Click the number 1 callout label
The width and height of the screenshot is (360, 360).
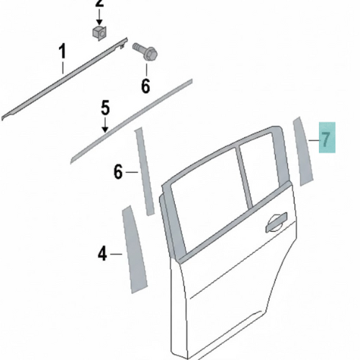(x=63, y=51)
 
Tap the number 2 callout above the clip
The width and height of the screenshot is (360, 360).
(x=99, y=4)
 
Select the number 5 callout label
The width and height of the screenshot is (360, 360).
(x=105, y=108)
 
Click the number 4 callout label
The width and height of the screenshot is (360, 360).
(x=102, y=254)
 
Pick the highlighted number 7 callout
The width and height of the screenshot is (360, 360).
(x=327, y=138)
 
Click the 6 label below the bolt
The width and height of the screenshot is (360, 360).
(x=145, y=86)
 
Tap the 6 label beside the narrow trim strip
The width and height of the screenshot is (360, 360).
(x=118, y=172)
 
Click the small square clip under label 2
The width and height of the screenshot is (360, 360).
(x=99, y=32)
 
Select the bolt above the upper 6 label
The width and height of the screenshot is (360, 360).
(x=145, y=52)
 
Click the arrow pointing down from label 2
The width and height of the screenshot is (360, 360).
(x=99, y=16)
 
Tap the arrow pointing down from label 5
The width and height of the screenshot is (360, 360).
(x=105, y=124)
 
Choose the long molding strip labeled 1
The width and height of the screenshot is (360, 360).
(x=64, y=78)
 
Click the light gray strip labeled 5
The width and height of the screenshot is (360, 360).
(x=132, y=121)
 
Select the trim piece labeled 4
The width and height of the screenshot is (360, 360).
(x=135, y=250)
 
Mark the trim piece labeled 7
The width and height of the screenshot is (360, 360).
(x=303, y=151)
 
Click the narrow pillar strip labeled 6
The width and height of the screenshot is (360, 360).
(x=145, y=171)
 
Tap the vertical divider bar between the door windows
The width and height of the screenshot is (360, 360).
(x=244, y=176)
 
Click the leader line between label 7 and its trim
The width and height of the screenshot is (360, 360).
(x=314, y=140)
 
